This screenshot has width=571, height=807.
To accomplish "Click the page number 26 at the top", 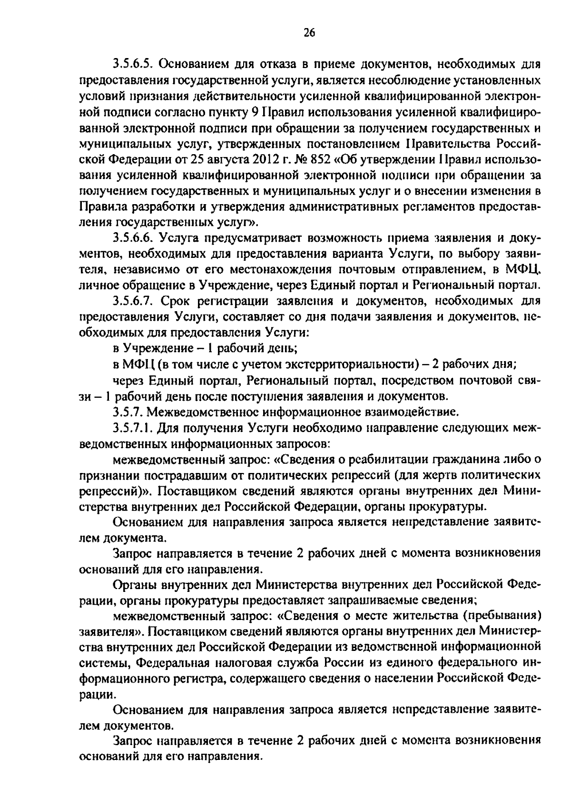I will tap(309, 32).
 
